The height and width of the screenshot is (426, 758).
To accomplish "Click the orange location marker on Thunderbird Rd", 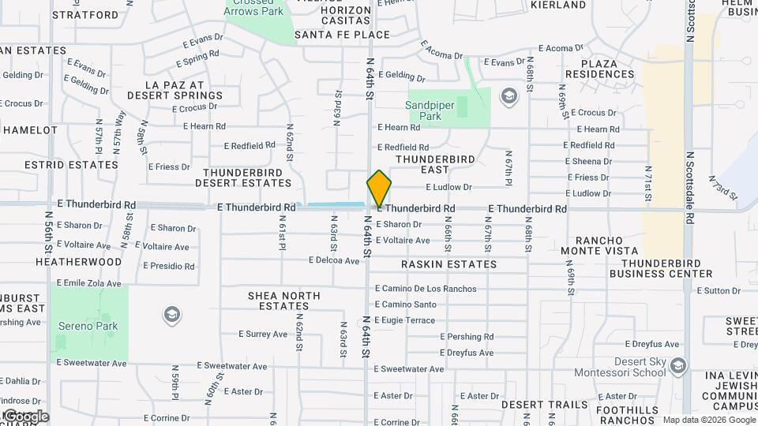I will pos(379,189).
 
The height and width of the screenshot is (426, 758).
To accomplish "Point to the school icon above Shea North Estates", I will pos(171,316).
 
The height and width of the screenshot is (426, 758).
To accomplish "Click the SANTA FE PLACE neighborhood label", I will pos(342,35).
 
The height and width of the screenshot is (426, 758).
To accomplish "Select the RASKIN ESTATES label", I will pos(448,264).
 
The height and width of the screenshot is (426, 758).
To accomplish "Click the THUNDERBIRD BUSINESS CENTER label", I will pos(666,268).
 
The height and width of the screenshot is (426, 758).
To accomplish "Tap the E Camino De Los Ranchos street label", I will pos(426,289).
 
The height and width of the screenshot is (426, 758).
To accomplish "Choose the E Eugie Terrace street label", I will pos(404,320).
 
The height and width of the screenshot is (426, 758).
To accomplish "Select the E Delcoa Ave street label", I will pos(334,260).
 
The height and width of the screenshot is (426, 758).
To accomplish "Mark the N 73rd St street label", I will pos(723,188).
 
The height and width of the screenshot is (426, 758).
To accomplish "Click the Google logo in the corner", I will pos(25,417).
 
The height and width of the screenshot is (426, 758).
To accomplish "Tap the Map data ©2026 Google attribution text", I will pos(709,420).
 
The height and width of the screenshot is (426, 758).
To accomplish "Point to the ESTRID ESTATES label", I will pos(60,165).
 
